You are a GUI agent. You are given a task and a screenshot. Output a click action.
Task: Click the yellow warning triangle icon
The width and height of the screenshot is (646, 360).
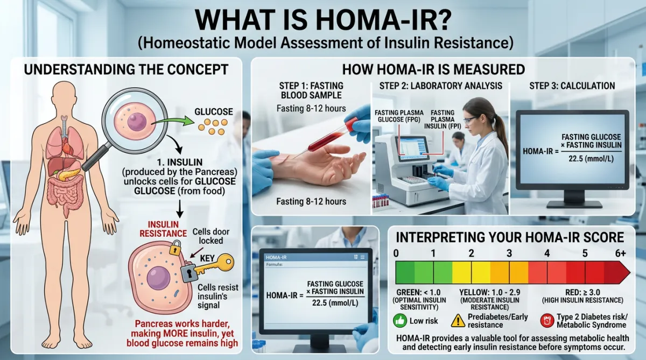tap(458, 321)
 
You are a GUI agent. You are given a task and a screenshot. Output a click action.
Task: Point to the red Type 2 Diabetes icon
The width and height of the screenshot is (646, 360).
tap(545, 321)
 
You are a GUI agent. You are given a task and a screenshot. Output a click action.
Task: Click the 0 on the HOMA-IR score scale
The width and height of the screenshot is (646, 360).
tap(397, 252)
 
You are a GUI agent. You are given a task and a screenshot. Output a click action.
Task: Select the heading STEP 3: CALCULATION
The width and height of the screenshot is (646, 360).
tap(572, 86)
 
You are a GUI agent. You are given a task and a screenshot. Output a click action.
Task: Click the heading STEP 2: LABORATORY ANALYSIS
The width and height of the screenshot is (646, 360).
tap(441, 86)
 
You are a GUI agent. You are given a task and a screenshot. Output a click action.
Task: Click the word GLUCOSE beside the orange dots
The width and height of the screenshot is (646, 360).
tap(214, 112)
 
